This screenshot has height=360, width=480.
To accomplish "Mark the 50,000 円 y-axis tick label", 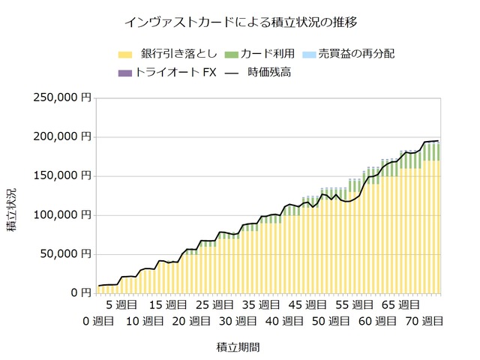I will pyautogui.click(x=68, y=253).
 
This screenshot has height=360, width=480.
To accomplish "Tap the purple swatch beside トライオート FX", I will pyautogui.click(x=125, y=73).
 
